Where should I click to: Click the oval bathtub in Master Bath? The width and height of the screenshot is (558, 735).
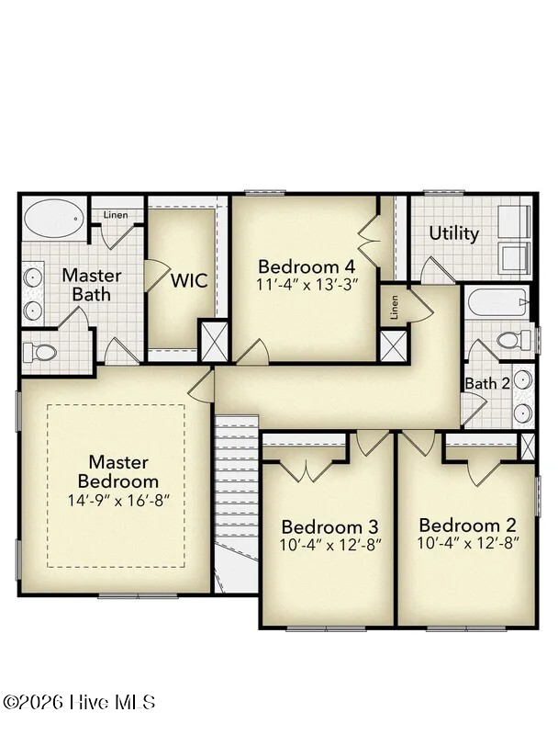(x=54, y=218)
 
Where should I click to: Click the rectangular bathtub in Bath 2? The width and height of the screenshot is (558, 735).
(x=498, y=303)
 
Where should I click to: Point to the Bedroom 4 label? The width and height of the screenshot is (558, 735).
(x=307, y=266)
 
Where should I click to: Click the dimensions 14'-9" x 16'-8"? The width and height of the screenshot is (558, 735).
(x=118, y=501)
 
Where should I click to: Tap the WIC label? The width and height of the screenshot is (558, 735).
(x=189, y=281)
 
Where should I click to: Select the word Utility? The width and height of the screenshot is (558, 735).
(x=454, y=233)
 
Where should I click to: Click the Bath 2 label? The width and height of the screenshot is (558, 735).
(x=486, y=383)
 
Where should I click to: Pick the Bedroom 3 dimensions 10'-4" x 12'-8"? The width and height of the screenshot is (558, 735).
(x=330, y=545)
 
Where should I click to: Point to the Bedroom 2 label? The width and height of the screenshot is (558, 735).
(x=468, y=525)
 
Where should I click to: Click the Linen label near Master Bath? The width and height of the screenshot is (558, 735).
(x=116, y=215)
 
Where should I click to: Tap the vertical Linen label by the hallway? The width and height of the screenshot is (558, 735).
(x=394, y=307)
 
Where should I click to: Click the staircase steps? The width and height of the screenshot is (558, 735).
(x=236, y=478)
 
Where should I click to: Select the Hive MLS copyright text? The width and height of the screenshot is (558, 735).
(x=79, y=702)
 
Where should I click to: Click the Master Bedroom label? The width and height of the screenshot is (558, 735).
(x=118, y=471)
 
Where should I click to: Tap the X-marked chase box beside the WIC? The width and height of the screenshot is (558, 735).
(x=215, y=340)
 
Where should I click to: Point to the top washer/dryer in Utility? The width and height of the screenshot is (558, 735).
(x=515, y=222)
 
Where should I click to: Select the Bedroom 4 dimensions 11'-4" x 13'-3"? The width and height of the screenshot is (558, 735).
(x=307, y=284)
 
